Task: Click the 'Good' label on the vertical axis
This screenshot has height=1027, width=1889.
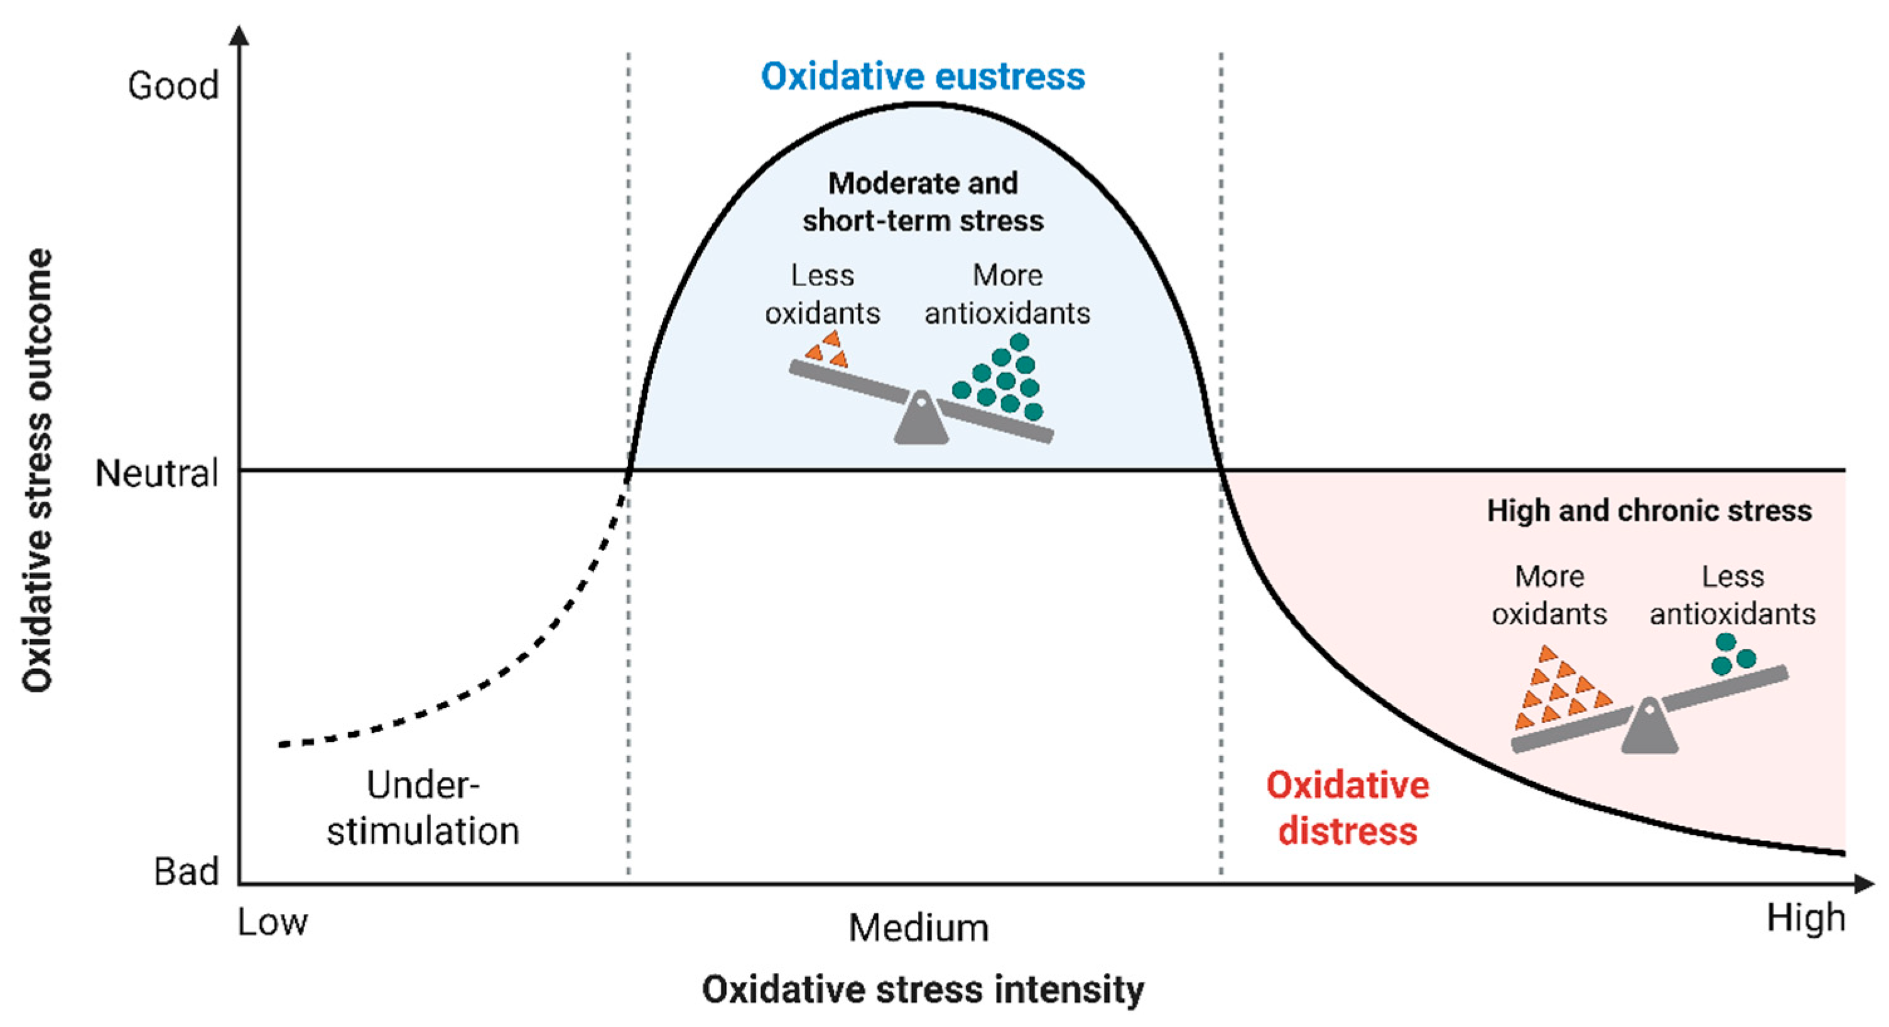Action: (x=173, y=86)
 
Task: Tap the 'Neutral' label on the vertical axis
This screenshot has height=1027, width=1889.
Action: (x=157, y=473)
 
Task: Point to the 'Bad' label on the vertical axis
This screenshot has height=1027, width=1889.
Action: (x=187, y=871)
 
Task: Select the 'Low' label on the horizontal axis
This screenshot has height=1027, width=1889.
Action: (x=272, y=922)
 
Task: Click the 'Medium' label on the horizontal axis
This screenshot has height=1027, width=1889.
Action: (x=918, y=928)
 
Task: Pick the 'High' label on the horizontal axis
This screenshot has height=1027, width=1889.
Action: (x=1805, y=918)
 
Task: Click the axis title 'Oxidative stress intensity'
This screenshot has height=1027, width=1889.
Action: (x=923, y=989)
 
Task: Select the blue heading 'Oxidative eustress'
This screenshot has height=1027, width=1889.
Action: (x=923, y=76)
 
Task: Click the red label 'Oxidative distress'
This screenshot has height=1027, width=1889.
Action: (x=1348, y=808)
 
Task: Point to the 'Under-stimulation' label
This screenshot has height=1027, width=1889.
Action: (x=423, y=808)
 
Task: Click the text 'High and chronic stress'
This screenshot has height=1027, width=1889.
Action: (x=1649, y=511)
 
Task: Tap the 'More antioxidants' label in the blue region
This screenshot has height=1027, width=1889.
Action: (x=1007, y=294)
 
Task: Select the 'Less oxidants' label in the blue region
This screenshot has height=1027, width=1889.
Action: (x=822, y=294)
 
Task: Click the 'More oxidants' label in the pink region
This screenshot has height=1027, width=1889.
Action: (x=1549, y=594)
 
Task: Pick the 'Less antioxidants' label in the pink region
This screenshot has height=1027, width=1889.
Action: (x=1732, y=594)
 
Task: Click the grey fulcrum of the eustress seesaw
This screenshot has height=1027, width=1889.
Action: (x=921, y=420)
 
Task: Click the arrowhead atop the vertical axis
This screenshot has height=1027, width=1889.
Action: (x=239, y=35)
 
